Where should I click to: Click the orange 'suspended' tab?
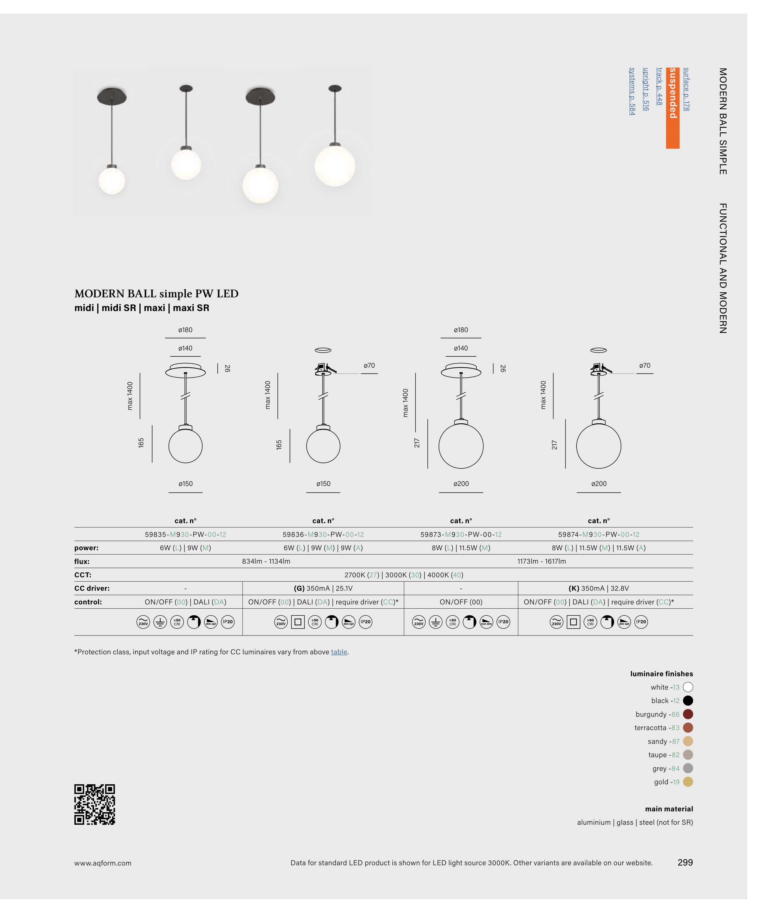point(672,108)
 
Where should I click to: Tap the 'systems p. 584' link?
point(632,91)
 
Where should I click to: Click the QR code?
point(94,804)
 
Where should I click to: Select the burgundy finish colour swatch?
point(688,714)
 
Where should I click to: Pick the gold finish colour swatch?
point(688,782)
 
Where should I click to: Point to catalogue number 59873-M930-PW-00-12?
point(461,534)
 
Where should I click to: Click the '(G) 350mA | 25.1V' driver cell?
point(323,588)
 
